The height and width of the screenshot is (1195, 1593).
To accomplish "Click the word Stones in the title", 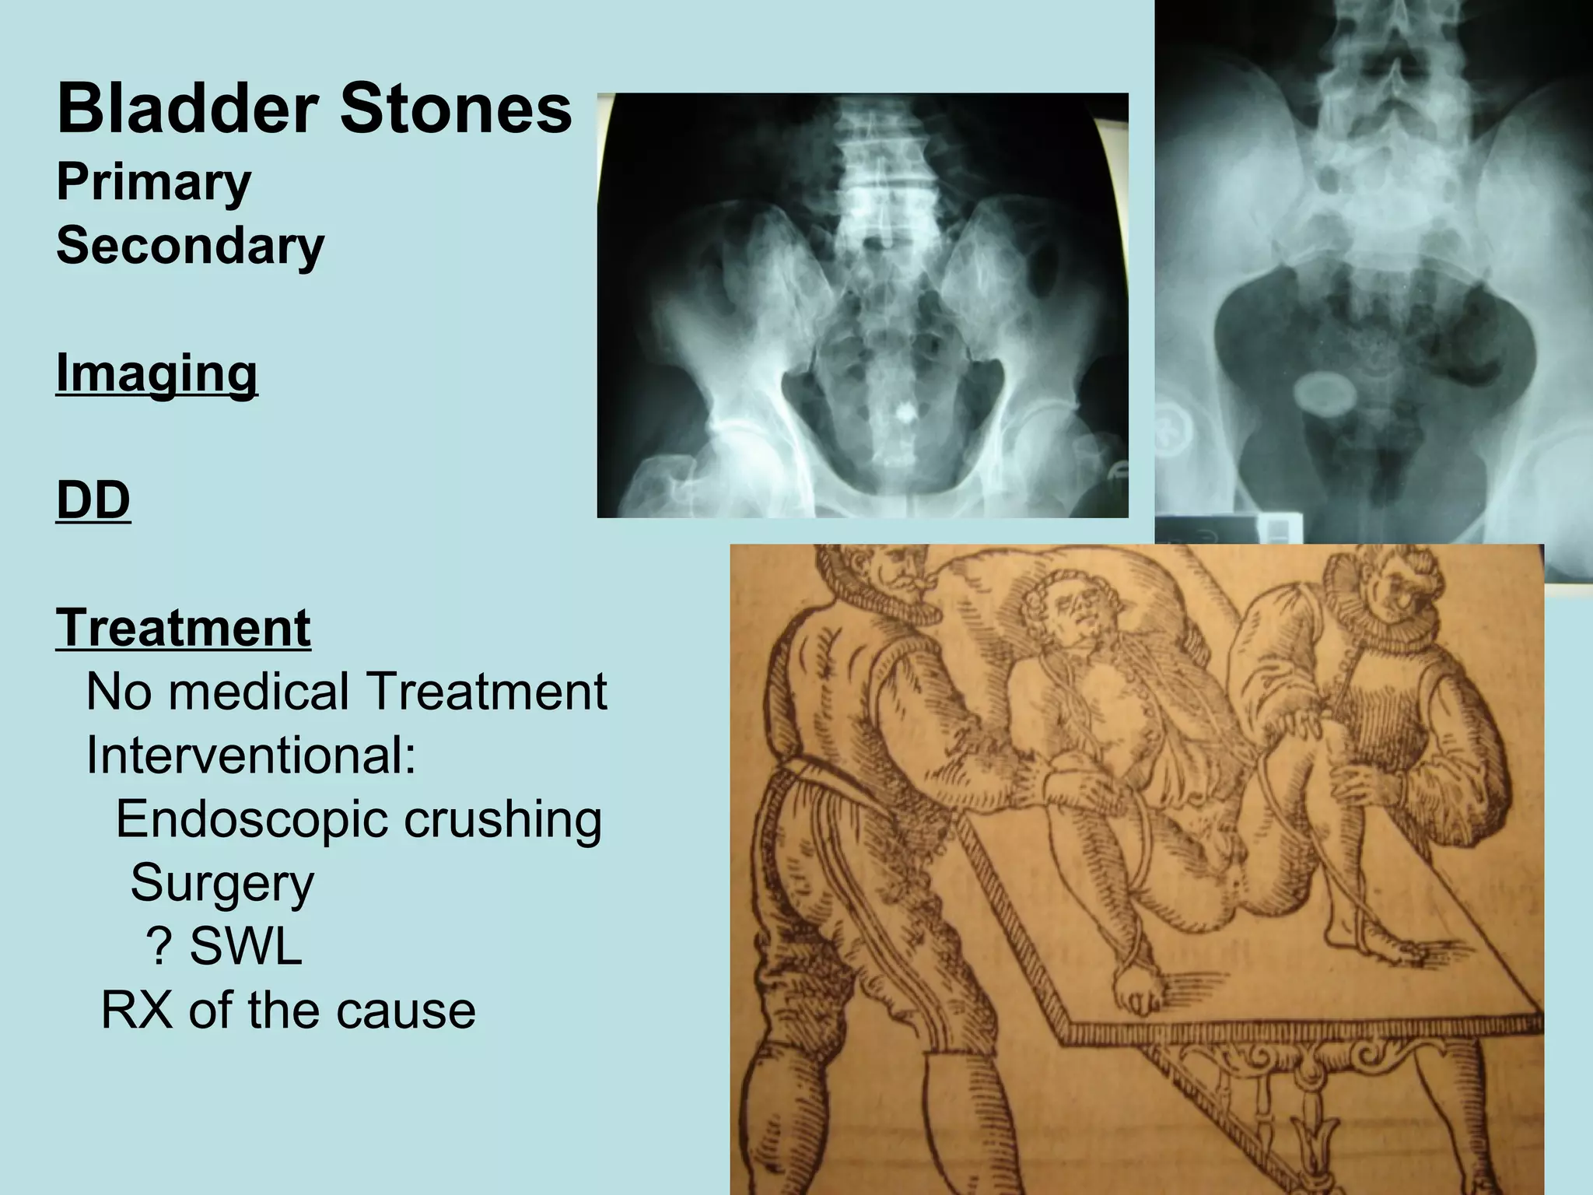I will click(x=456, y=110).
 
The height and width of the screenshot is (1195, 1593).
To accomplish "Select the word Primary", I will click(x=153, y=182).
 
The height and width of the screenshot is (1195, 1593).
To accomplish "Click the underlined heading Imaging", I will click(x=156, y=374).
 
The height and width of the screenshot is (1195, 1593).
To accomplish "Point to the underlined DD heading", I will click(x=93, y=499).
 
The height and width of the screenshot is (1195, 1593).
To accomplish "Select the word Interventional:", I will click(x=250, y=755).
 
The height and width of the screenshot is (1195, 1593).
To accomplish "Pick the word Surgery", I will click(x=222, y=883).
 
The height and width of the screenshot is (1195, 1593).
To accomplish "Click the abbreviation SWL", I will click(x=246, y=947).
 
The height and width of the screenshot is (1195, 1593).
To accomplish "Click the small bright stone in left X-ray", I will click(x=905, y=413).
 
